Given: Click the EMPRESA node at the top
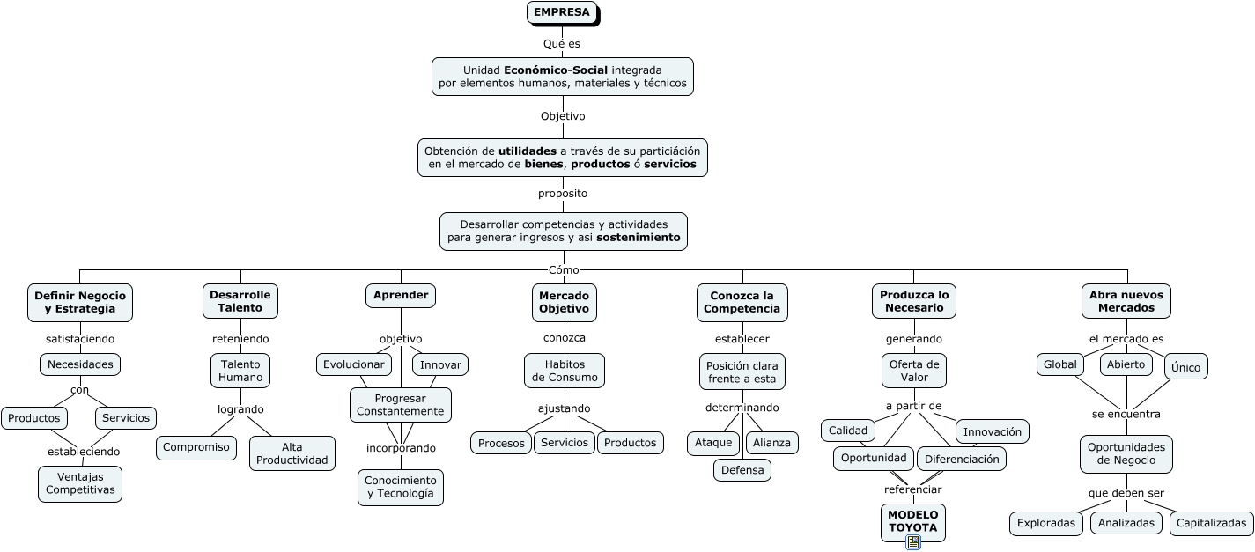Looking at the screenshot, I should pyautogui.click(x=562, y=12).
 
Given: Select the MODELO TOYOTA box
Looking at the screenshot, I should pyautogui.click(x=912, y=521).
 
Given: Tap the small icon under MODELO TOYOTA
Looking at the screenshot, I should pyautogui.click(x=913, y=542).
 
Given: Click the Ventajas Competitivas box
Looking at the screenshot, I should pyautogui.click(x=80, y=483).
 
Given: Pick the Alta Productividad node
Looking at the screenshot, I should pyautogui.click(x=292, y=453).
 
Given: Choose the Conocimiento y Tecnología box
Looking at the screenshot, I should pyautogui.click(x=401, y=487).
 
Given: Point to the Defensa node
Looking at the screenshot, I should pyautogui.click(x=742, y=470).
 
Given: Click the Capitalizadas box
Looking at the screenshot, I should pyautogui.click(x=1211, y=523).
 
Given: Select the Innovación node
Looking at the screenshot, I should pyautogui.click(x=992, y=431).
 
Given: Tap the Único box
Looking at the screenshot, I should pyautogui.click(x=1185, y=367).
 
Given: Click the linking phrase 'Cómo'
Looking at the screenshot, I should pyautogui.click(x=564, y=270).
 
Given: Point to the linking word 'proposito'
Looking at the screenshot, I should pyautogui.click(x=563, y=194).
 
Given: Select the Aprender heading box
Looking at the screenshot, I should pyautogui.click(x=401, y=296).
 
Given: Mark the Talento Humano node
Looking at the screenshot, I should pyautogui.click(x=240, y=371).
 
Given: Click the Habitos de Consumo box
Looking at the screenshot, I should pyautogui.click(x=565, y=371).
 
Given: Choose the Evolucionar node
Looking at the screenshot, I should pyautogui.click(x=353, y=364).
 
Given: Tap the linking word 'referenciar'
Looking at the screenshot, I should pyautogui.click(x=912, y=489).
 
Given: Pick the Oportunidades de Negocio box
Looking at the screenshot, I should pyautogui.click(x=1126, y=453).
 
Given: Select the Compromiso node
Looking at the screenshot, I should pyautogui.click(x=196, y=447).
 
